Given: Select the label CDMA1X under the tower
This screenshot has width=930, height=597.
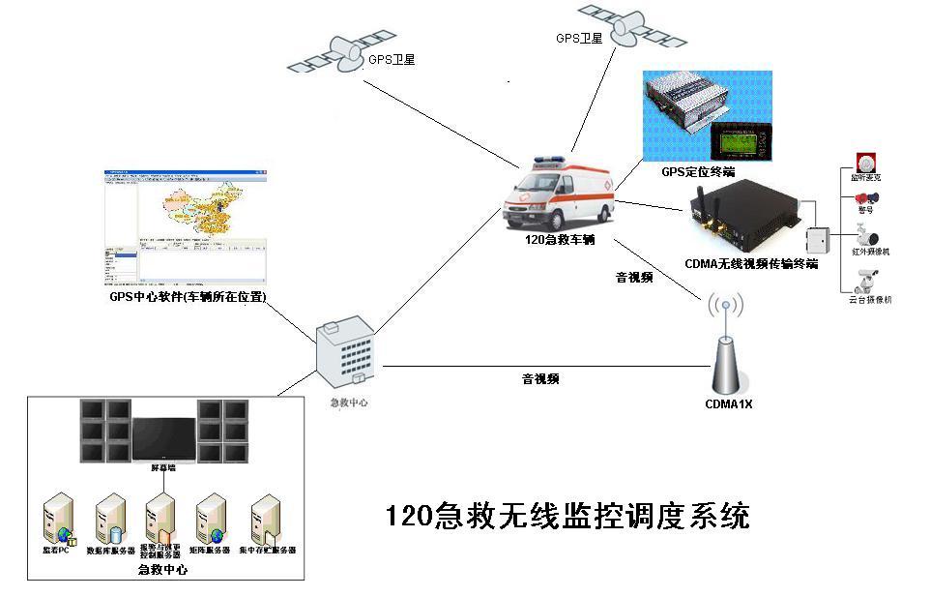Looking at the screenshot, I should pos(728,404).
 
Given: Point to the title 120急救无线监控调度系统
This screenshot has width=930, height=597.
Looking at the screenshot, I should pos(567,516).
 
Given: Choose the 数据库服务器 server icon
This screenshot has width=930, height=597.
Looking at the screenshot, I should pos(110,521).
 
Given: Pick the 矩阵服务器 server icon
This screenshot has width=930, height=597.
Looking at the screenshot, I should pos(210,521).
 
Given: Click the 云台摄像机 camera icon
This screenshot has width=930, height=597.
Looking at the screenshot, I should pos(864,280).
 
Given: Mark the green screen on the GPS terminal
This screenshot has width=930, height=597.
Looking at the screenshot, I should pos(741,145).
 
